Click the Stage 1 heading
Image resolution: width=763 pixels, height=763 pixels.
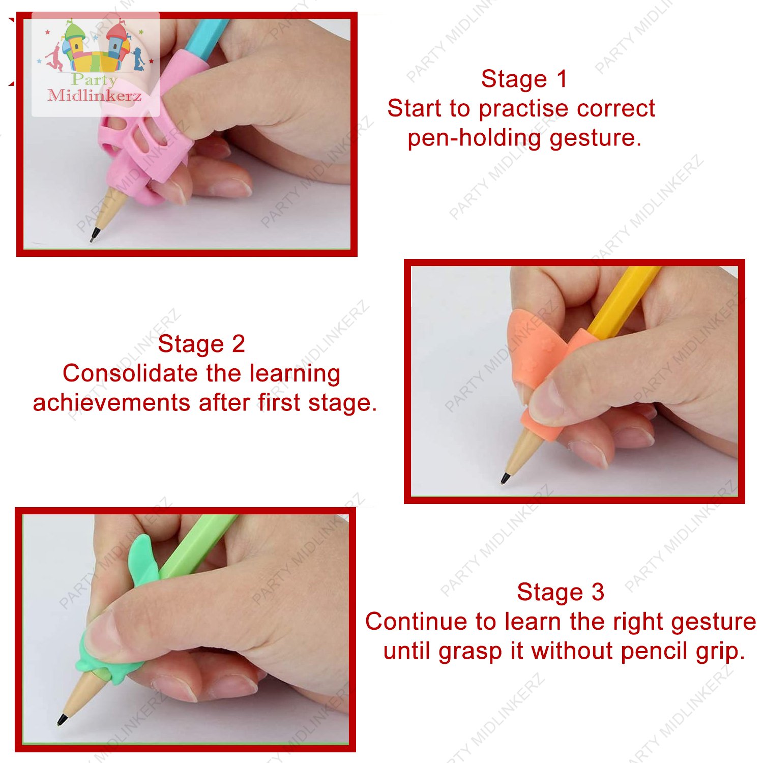pos(524,79)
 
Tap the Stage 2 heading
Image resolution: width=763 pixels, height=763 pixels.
pos(201,344)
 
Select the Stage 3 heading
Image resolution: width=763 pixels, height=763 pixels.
pos(561,592)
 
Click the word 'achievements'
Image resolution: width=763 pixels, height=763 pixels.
pos(112,403)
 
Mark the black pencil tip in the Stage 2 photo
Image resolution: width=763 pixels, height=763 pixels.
pos(505,479)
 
